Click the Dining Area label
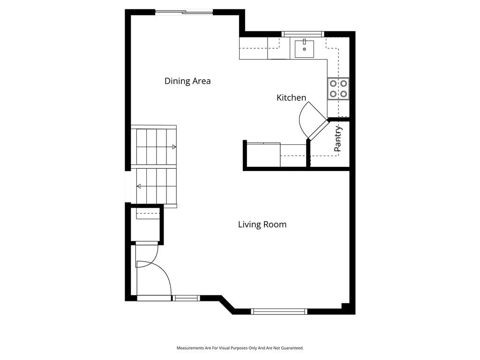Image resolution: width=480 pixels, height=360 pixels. point(187,81)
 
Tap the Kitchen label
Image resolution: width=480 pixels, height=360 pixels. point(291,97)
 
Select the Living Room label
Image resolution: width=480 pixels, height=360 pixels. point(262,225)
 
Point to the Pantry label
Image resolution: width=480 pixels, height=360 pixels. point(338,139)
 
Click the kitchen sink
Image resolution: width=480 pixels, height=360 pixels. point(304,49)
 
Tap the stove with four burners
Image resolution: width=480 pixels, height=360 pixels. point(338,89)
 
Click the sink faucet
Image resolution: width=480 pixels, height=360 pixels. point(304,42)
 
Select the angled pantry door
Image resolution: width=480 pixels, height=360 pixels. point(318,129)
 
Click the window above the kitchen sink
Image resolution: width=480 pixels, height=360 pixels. point(303,34)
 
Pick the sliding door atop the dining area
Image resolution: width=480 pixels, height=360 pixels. point(184,12)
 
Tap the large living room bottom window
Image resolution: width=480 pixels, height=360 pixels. point(279,312)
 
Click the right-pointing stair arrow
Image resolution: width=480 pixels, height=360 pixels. point(174,147)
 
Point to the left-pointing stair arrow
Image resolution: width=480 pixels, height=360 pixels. point(139,186)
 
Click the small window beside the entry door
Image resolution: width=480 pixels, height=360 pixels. point(186,298)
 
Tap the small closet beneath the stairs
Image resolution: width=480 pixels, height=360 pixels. point(145,225)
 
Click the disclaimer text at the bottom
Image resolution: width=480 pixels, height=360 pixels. point(240,348)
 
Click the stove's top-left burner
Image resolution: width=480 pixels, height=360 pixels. point(333,83)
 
